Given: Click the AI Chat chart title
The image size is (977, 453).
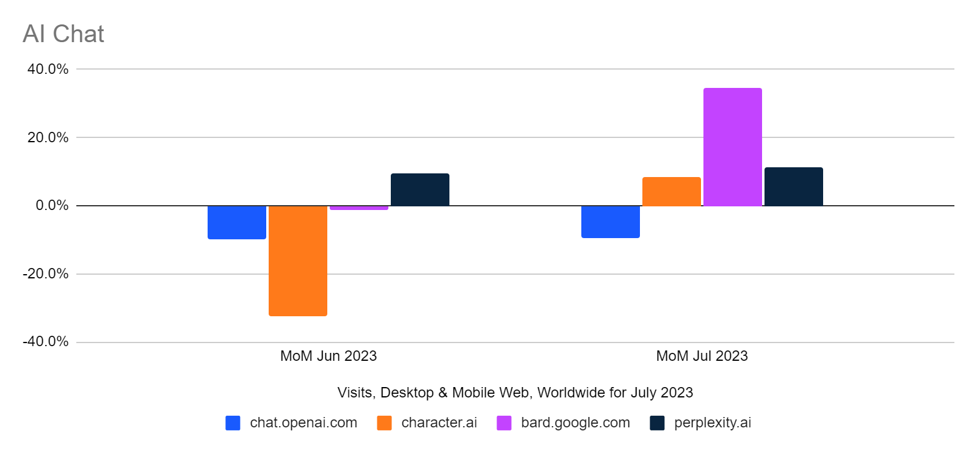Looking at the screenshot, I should tap(63, 34).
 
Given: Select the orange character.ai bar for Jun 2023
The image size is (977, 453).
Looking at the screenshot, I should tap(298, 261).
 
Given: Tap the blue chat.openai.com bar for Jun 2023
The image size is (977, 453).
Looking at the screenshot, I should tap(237, 222).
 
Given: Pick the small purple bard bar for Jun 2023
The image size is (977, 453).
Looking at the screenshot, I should tap(359, 208).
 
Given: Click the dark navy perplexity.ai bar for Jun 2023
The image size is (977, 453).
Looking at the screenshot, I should tap(420, 190).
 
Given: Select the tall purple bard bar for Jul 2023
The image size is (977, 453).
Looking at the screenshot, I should tap(733, 147).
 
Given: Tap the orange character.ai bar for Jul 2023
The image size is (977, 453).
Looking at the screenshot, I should tap(672, 192).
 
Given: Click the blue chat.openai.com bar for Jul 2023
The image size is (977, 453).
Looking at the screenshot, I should tap(611, 222).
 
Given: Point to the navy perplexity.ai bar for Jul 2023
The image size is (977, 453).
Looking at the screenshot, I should tap(794, 187).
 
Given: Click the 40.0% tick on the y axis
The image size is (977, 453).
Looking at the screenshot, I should tap(48, 69).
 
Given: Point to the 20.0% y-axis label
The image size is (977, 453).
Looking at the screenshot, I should tap(48, 137).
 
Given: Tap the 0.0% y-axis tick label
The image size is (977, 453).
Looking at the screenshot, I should tap(52, 206).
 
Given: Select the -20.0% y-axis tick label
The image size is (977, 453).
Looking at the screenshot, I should tap(46, 274).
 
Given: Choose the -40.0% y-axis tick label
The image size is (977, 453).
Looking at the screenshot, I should tap(46, 342).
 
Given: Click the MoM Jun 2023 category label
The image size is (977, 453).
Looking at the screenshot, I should tap(329, 356).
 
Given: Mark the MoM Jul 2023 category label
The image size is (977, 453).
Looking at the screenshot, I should tap(702, 356).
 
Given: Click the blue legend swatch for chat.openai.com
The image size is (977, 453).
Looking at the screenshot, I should tap(233, 423).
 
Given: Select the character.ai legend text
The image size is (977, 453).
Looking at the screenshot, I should tap(439, 422).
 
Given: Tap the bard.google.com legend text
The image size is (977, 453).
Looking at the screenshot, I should tap(575, 422).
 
